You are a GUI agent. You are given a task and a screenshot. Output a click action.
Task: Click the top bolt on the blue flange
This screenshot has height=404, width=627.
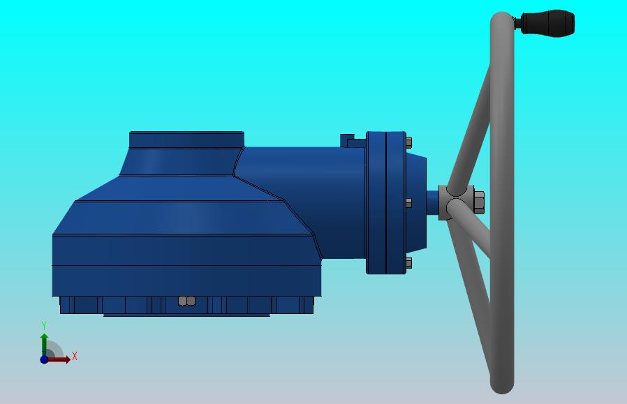408,142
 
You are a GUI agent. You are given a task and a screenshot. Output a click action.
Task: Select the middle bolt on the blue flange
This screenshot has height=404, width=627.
408,203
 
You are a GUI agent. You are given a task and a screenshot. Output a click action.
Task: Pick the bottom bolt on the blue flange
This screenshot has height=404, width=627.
408,263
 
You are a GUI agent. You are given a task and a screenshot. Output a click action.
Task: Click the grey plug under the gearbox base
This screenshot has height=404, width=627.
186,301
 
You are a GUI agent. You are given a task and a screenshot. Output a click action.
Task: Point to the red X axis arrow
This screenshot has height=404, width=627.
57,359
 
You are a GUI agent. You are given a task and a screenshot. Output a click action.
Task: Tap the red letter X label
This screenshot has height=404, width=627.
75,356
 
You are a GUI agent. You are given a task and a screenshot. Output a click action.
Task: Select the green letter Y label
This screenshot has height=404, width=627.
44,326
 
